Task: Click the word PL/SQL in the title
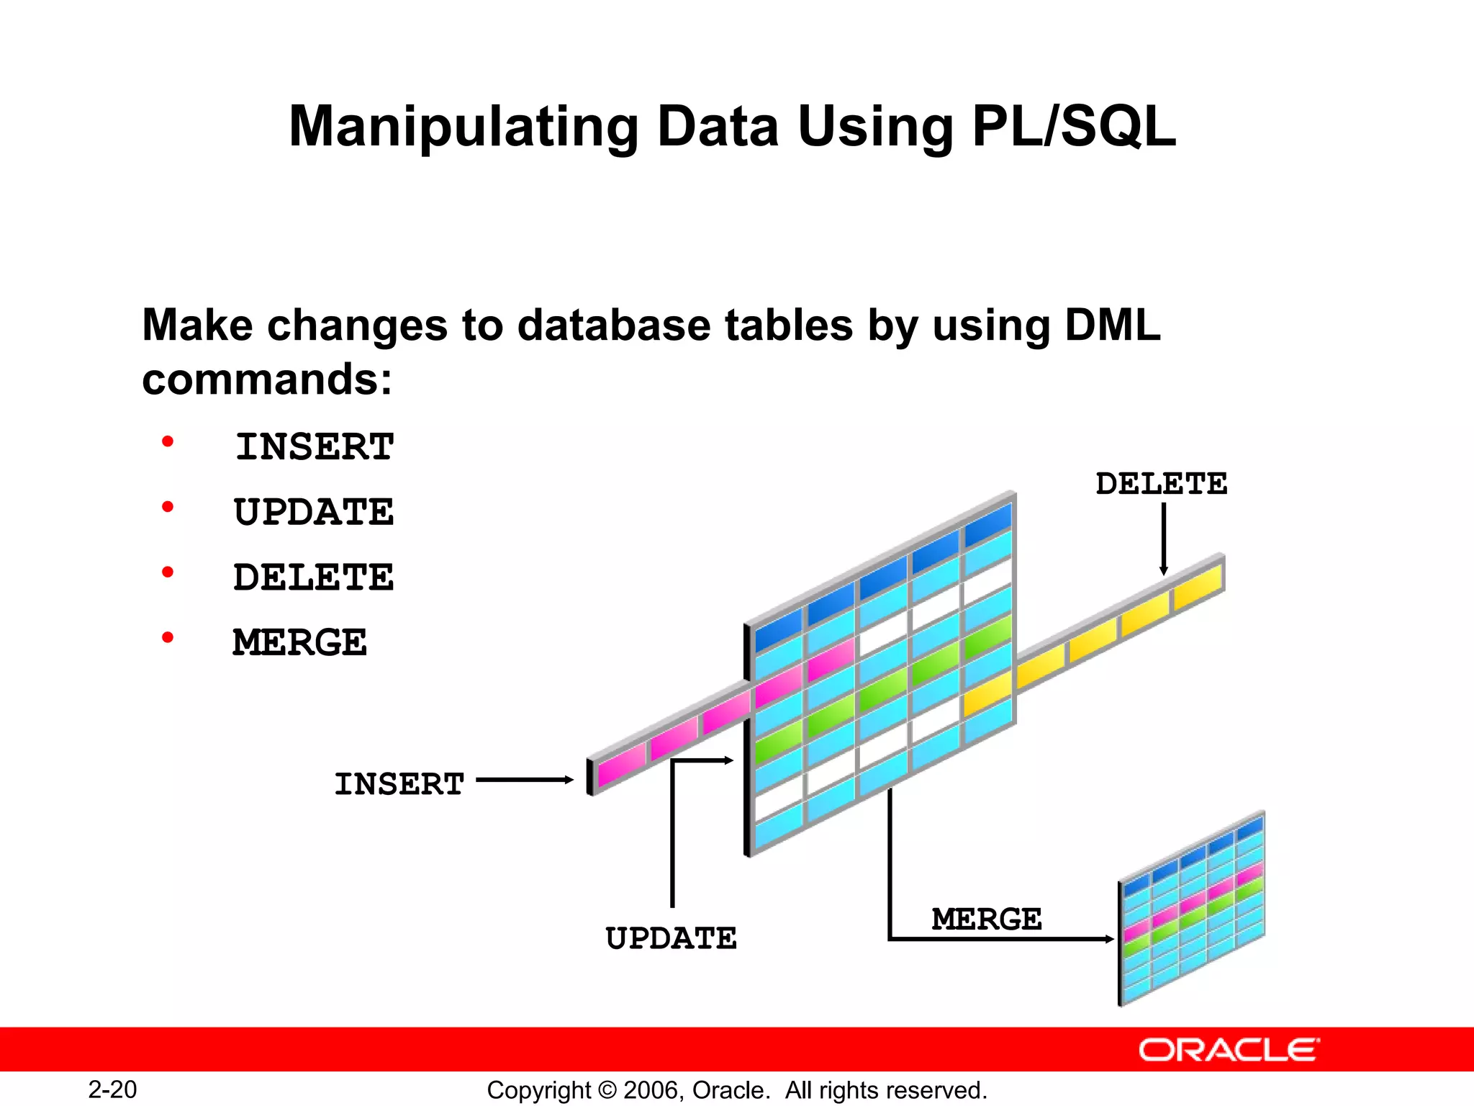[1073, 127]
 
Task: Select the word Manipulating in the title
[463, 127]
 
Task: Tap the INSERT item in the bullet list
[315, 447]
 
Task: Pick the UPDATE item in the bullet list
[314, 513]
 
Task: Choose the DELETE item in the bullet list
[314, 577]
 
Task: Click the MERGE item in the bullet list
[299, 642]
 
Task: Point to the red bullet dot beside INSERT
[168, 441]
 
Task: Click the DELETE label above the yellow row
[1161, 484]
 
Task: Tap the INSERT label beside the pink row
[399, 784]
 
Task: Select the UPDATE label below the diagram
[671, 939]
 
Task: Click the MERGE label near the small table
[987, 920]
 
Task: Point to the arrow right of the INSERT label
[525, 780]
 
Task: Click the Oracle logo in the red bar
[1229, 1051]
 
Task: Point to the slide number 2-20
[112, 1089]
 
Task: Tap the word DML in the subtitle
[1112, 325]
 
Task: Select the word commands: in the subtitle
[267, 379]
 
